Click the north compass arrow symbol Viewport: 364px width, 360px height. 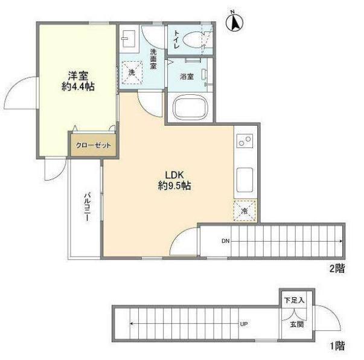[234, 21]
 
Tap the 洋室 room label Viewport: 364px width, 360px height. [78, 76]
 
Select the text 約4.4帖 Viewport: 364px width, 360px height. [78, 86]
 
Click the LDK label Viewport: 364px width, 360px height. [174, 175]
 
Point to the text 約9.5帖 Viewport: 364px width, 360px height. [174, 185]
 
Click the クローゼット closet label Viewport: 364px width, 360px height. [94, 146]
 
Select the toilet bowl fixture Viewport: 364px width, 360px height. [193, 40]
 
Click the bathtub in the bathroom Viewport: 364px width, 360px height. [190, 109]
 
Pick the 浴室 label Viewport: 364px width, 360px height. [187, 77]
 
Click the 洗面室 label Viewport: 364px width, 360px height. [153, 59]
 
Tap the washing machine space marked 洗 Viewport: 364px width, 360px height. [132, 72]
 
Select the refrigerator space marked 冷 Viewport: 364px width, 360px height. [244, 211]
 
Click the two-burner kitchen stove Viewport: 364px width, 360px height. [244, 141]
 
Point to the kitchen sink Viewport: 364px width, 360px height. [244, 180]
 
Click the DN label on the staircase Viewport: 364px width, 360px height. [225, 241]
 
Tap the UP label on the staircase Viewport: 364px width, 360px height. [244, 324]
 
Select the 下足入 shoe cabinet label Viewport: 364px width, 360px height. [294, 300]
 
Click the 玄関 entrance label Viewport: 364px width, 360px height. [297, 324]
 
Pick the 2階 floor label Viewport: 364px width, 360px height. [337, 269]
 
